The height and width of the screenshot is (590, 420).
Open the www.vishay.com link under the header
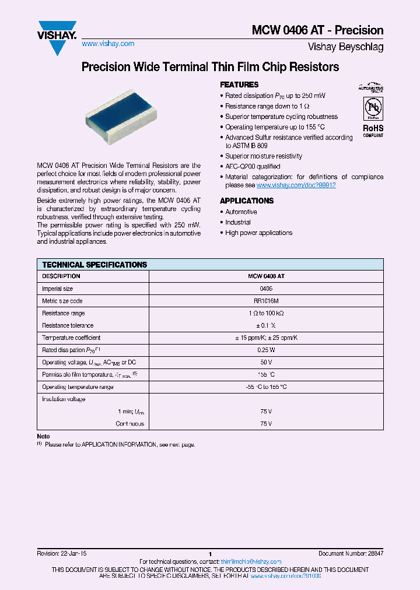tap(108, 44)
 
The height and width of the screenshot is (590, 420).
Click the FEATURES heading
tap(239, 85)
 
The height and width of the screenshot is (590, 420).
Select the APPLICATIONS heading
tap(247, 201)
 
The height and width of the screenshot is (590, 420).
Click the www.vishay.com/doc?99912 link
tap(296, 185)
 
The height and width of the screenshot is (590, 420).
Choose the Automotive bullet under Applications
tap(241, 212)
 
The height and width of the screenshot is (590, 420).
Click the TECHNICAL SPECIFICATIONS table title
tap(94, 265)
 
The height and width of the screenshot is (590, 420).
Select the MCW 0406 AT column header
tap(266, 276)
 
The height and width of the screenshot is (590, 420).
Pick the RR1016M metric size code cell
tap(266, 301)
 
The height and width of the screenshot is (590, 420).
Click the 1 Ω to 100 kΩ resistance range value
tap(266, 313)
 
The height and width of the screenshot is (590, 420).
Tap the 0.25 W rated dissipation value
tap(266, 350)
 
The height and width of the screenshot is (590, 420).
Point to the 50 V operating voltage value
tap(266, 362)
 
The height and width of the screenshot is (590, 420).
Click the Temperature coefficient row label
tap(71, 338)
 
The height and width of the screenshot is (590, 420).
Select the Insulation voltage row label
tap(64, 399)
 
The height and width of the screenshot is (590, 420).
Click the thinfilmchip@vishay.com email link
tap(251, 561)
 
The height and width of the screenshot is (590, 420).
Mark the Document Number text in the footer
tap(351, 553)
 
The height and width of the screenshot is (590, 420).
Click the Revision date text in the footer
tap(61, 553)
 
